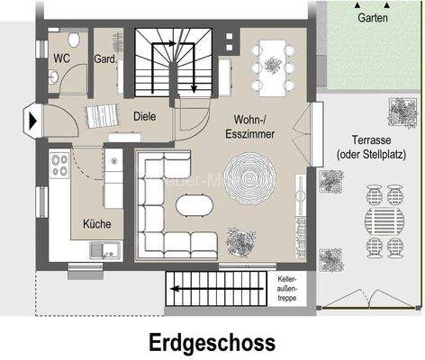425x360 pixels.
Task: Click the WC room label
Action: tap(62, 58)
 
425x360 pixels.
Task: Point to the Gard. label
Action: tap(106, 59)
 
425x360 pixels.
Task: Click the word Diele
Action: tap(146, 116)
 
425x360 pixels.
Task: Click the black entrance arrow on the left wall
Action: tap(34, 118)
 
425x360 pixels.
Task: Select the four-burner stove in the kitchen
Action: tap(61, 165)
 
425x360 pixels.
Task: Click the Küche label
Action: tap(97, 223)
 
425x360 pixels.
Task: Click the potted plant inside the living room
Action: tap(241, 239)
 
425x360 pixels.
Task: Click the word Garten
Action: tap(374, 18)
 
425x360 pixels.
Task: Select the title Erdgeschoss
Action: tap(212, 343)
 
